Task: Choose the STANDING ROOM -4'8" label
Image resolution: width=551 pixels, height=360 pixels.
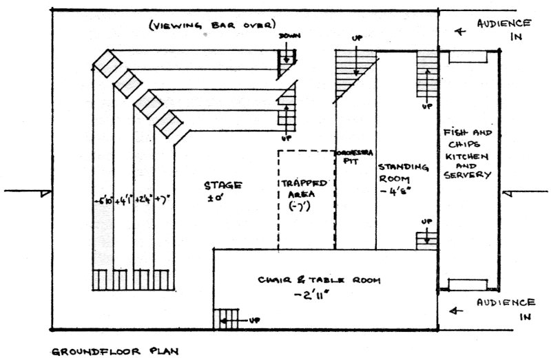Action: coord(402,180)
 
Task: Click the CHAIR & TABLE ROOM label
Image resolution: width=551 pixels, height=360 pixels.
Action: coord(318,280)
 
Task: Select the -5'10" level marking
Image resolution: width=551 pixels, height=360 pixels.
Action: coord(104,201)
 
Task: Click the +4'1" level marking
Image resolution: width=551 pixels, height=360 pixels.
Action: coord(123,201)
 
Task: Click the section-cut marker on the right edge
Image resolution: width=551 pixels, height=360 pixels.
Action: coord(508,195)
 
